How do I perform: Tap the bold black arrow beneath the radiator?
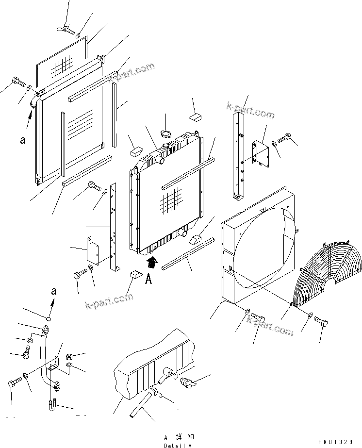(152, 263)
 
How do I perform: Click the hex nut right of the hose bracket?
(69, 356)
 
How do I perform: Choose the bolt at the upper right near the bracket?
(286, 138)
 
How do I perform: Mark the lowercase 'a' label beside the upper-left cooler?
(22, 140)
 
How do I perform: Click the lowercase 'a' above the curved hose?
(54, 291)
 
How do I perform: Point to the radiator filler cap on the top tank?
(167, 146)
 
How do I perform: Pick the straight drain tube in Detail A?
(141, 405)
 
